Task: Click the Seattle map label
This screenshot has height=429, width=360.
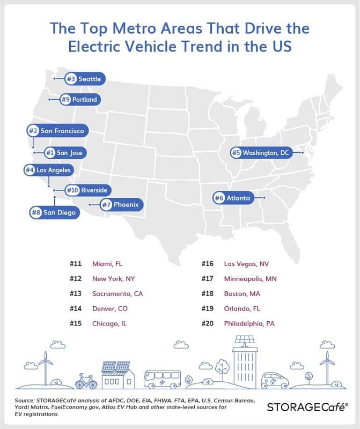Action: (x=84, y=79)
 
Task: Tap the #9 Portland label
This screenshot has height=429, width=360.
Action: (x=80, y=99)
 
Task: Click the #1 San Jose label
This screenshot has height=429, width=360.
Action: (x=65, y=153)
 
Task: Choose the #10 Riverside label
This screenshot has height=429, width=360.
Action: (x=88, y=190)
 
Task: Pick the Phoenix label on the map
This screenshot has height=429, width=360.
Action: (x=121, y=204)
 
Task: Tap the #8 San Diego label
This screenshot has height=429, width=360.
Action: (x=55, y=213)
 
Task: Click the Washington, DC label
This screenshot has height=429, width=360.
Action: (x=261, y=153)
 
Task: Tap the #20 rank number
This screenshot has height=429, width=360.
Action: (x=208, y=324)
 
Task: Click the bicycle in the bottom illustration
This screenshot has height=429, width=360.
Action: (x=86, y=381)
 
